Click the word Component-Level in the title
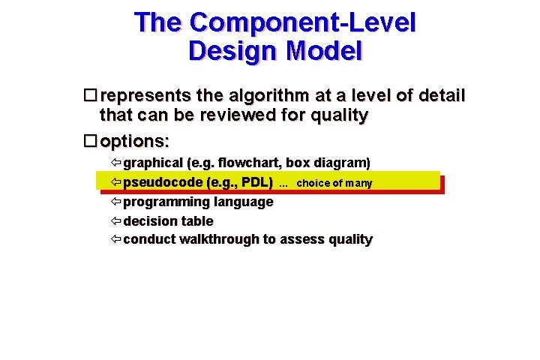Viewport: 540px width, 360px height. coord(302,22)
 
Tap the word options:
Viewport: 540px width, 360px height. coord(135,140)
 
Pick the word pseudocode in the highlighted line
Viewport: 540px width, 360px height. coord(163,182)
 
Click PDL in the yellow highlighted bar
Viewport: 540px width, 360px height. coord(255,182)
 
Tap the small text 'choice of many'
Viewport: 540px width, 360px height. coord(334,183)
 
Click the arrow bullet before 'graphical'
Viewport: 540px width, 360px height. coord(115,163)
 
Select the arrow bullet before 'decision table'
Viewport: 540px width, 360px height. coord(115,221)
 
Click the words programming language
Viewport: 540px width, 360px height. coord(198,202)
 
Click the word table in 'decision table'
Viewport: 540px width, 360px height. coord(197,221)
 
